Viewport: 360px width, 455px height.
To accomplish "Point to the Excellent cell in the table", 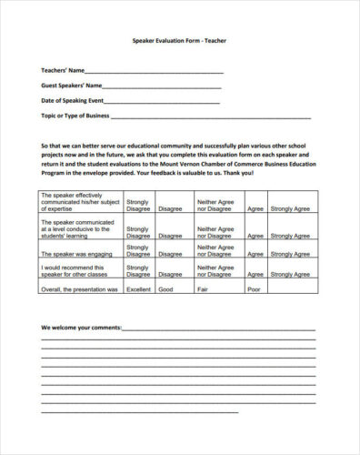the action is [139, 289].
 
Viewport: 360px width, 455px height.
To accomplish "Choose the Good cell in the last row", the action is [166, 289].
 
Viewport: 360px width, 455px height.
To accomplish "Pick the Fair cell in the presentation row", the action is [204, 289].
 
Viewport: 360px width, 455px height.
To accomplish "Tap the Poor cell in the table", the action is [254, 289].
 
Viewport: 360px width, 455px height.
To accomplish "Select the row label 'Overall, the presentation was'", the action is [79, 289].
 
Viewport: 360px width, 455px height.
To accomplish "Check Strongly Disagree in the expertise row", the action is [139, 205].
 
